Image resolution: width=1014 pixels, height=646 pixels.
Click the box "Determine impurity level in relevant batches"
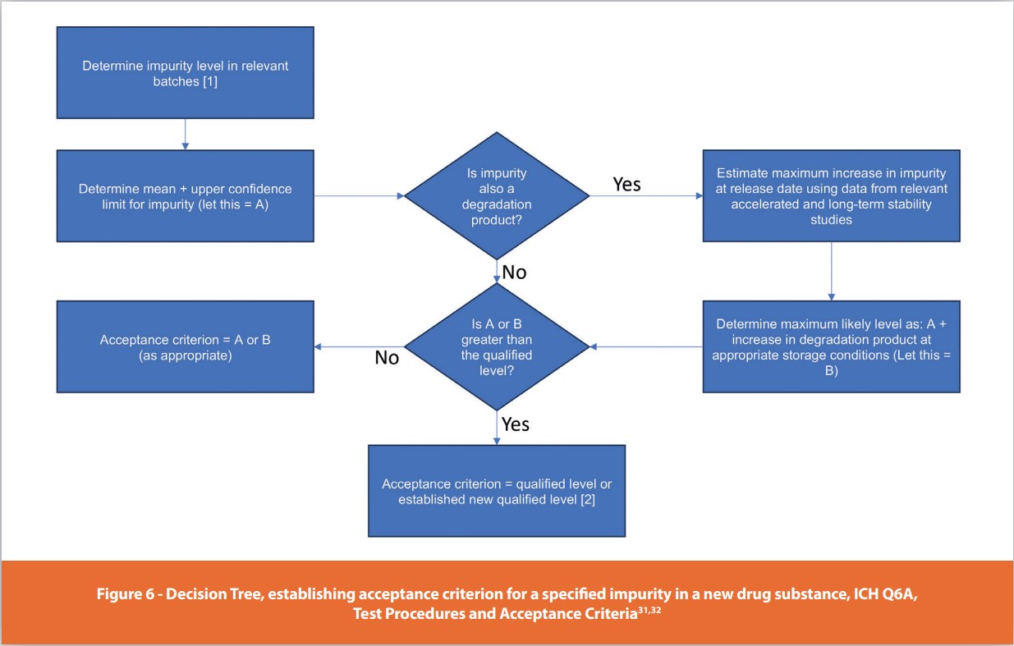point(185,72)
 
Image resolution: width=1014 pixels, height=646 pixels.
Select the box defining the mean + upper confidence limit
point(185,196)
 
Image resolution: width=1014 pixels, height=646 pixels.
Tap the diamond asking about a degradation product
point(496,195)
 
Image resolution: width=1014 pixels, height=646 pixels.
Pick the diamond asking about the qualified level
point(496,347)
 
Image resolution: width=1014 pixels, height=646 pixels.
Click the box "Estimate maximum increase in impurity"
point(831,196)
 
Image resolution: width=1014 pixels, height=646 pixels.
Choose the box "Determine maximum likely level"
point(831,346)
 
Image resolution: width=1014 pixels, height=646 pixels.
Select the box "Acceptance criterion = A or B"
point(185,346)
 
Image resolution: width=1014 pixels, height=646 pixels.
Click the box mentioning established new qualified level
point(496,491)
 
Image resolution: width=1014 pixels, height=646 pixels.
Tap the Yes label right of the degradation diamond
point(626,184)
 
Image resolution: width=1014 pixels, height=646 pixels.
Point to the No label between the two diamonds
point(514,272)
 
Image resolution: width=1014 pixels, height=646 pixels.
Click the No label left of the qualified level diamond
point(387,357)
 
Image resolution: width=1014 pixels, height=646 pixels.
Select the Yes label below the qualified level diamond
point(516,424)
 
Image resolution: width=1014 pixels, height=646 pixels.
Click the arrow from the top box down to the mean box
point(185,135)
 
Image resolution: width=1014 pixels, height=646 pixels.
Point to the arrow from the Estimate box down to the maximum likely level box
point(831,271)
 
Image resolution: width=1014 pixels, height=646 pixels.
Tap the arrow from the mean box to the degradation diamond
point(359,196)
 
